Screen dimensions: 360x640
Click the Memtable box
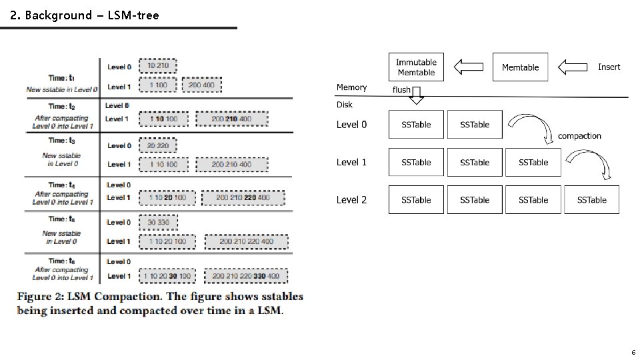tap(520, 67)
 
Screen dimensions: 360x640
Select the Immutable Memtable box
tap(416, 67)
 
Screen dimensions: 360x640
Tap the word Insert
tap(609, 67)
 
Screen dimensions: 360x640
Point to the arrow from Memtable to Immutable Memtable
tap(468, 67)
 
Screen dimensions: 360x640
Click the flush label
tap(401, 89)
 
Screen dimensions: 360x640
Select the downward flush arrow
tap(416, 97)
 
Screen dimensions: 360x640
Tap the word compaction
tap(579, 136)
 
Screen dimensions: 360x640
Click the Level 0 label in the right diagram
tap(351, 125)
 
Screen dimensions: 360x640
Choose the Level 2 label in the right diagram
tap(351, 200)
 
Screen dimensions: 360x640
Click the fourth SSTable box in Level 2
tap(591, 200)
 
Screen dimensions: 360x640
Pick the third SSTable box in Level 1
tap(533, 162)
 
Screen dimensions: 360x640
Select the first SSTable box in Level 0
tap(416, 125)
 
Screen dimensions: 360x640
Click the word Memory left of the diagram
tap(351, 87)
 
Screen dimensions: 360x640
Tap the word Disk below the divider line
tap(345, 105)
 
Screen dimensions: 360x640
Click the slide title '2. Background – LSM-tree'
tap(85, 15)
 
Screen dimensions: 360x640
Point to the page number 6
tap(633, 352)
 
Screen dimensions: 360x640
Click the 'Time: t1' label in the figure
tap(61, 77)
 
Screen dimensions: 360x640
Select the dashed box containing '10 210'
tap(158, 66)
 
